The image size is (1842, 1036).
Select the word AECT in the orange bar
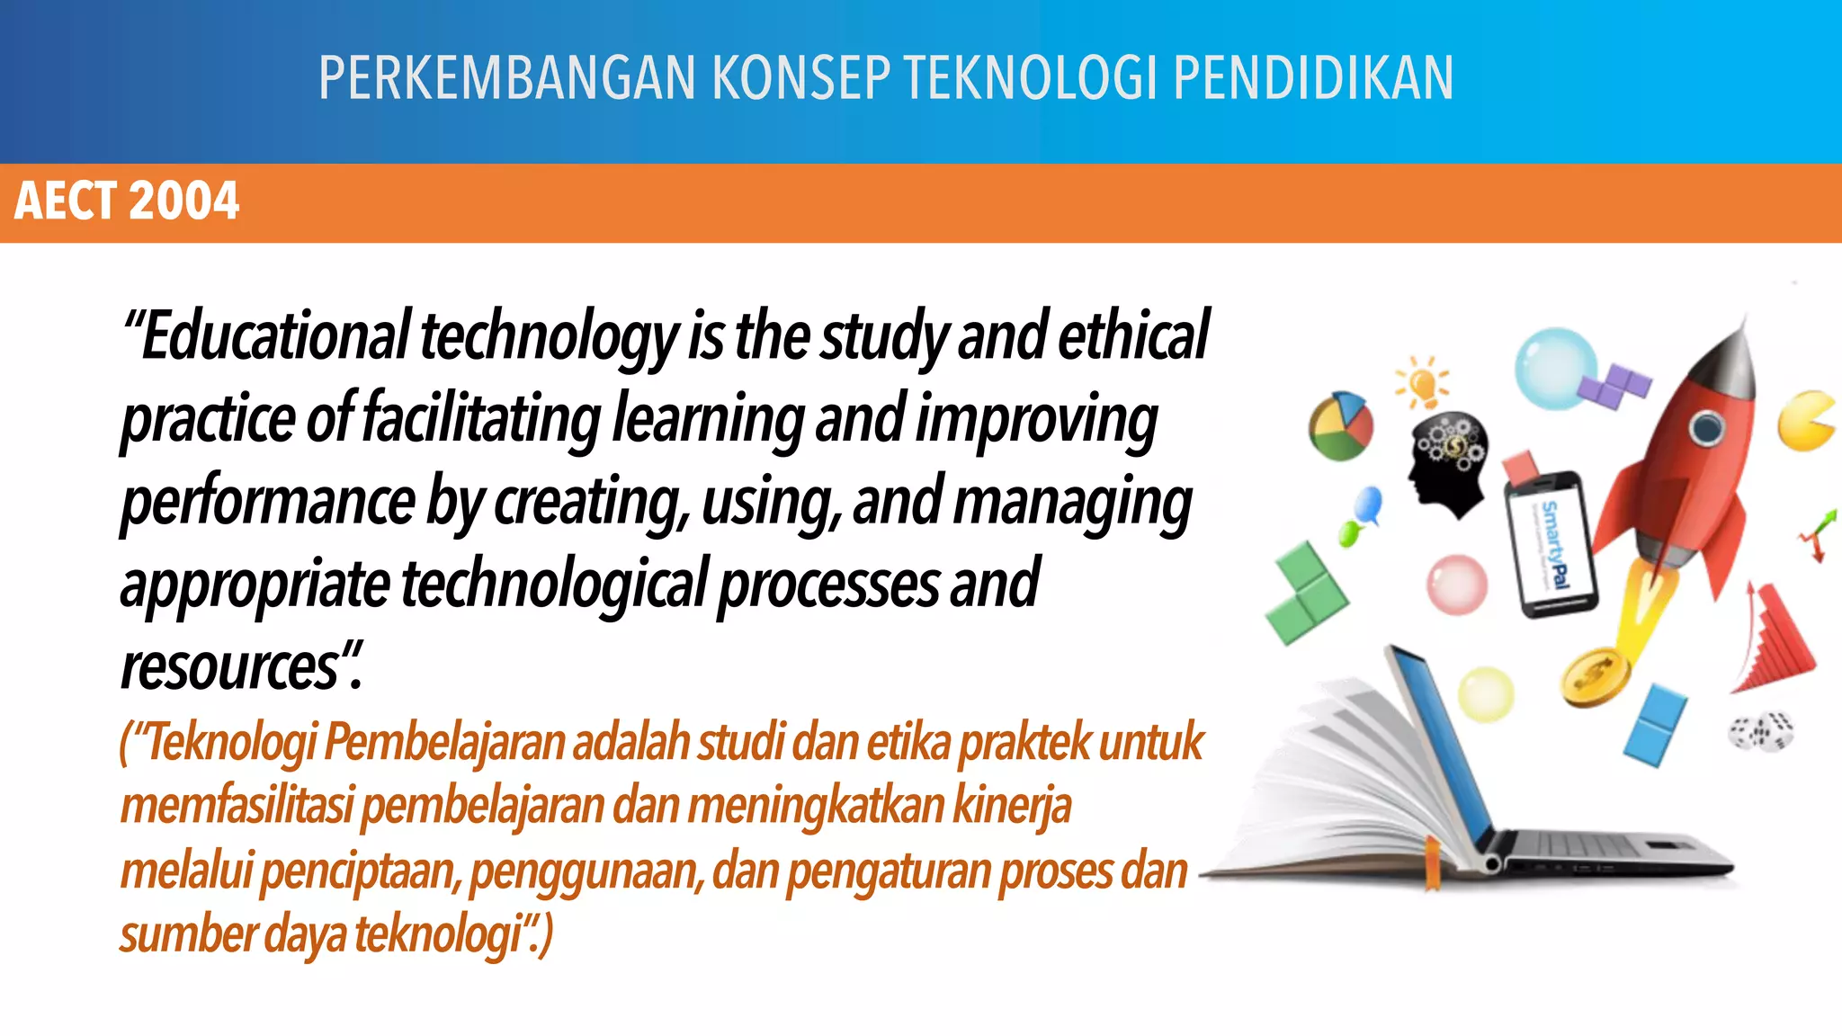pos(66,201)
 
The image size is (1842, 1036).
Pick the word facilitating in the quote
pos(481,419)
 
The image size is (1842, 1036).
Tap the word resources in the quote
pos(229,667)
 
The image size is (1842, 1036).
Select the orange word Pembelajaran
pos(443,744)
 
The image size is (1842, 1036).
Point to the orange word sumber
pos(187,933)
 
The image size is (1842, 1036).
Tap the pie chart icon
pos(1340,426)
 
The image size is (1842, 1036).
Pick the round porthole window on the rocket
pos(1705,428)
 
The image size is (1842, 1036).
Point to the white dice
pos(1760,731)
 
